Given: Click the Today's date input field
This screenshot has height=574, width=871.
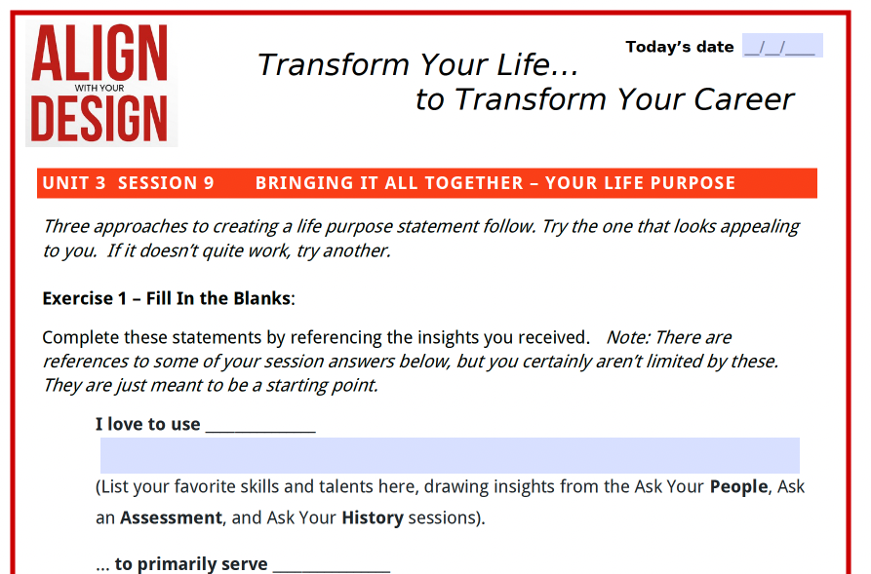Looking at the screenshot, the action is coord(782,46).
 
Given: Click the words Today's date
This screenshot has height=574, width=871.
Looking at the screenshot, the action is coord(680,47).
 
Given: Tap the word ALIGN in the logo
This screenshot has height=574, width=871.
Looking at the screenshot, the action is coord(99,53).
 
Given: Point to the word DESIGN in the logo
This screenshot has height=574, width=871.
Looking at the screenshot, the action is coord(99,118).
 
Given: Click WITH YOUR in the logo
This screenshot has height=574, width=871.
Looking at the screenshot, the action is coord(99,88).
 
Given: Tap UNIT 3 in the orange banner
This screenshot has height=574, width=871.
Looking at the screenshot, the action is coord(74,183).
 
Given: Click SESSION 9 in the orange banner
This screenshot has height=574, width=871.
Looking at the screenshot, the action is coord(166,183).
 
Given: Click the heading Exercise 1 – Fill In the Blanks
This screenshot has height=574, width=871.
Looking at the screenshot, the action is coord(167,298).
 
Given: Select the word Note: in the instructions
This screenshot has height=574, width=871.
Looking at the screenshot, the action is coord(627,337).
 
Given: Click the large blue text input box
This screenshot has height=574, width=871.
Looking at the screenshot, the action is coord(450,455).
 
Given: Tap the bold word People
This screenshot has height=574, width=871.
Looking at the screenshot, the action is coord(738,487).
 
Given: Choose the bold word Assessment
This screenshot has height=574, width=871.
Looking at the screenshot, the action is coord(171,517).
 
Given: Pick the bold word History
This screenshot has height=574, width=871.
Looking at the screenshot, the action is coord(373,517).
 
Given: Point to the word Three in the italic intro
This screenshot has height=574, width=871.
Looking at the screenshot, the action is coord(66,226).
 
